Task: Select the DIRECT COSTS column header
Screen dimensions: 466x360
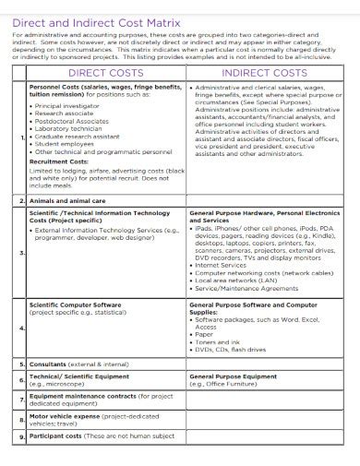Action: (103, 71)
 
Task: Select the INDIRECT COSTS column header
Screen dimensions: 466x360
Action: (264, 71)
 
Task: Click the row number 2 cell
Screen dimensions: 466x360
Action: (21, 200)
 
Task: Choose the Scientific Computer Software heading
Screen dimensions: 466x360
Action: (76, 304)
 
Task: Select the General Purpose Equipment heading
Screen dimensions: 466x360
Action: (233, 377)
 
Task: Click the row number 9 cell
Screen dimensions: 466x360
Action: (21, 436)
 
